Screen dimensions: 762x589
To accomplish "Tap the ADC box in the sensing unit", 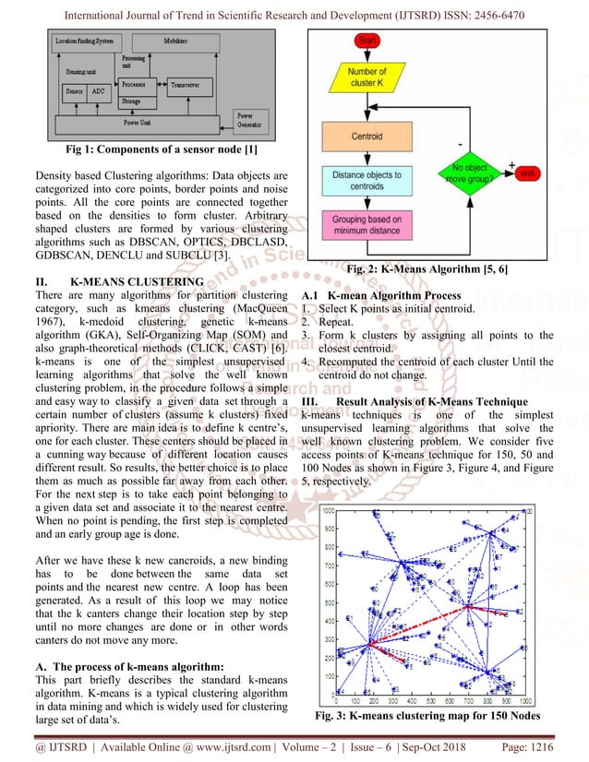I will (x=99, y=92).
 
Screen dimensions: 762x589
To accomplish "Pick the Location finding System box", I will (x=86, y=42).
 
